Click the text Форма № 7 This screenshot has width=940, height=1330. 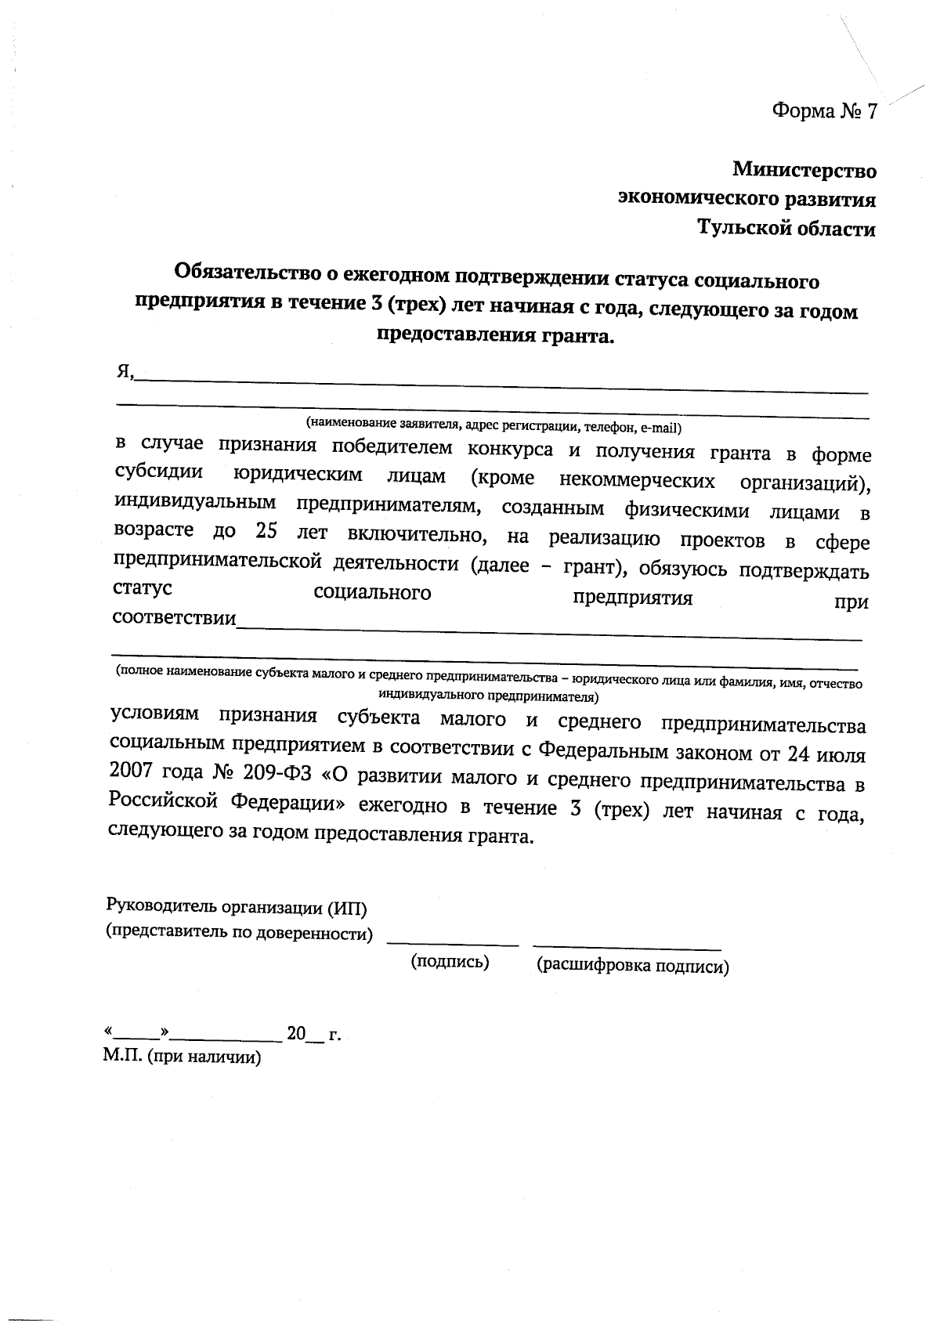[823, 111]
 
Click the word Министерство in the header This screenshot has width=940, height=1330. [804, 170]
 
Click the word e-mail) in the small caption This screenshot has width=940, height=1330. [661, 428]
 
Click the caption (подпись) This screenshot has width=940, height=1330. [450, 963]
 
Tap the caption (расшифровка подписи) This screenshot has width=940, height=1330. [632, 967]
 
